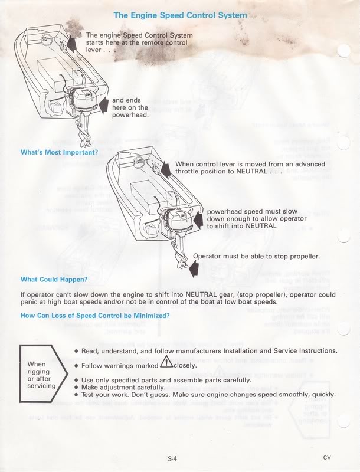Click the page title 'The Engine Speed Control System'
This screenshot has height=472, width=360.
pos(180,15)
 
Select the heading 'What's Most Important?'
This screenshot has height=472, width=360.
pos(59,153)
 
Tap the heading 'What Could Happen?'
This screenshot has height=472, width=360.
pos(54,279)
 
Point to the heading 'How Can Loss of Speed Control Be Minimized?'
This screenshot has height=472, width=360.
pos(95,315)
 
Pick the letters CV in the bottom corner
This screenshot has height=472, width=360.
pos(327,457)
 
